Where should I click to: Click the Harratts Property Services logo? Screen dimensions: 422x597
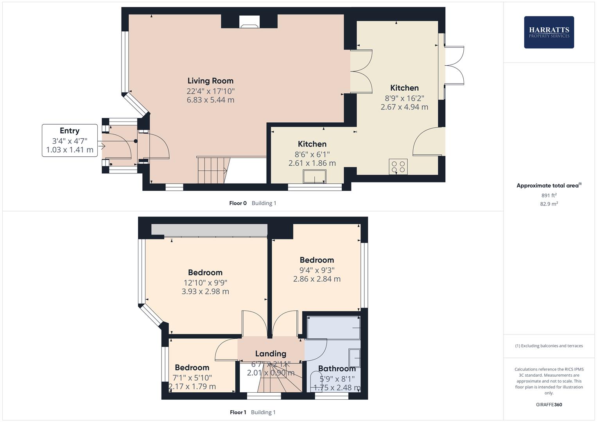click(549, 32)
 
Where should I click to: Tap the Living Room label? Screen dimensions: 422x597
click(210, 81)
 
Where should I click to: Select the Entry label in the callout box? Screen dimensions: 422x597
click(70, 131)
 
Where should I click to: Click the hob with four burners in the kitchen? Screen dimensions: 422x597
click(398, 167)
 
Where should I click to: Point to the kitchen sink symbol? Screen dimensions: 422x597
click(314, 177)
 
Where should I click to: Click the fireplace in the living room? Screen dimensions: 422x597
click(249, 22)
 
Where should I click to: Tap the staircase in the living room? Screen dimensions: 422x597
click(212, 170)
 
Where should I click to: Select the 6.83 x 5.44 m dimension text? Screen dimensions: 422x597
click(210, 100)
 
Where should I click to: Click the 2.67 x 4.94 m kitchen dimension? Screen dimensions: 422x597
click(404, 107)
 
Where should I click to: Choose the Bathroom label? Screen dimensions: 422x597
click(337, 368)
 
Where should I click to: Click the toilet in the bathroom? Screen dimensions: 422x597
click(315, 381)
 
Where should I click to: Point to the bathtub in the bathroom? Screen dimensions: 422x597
click(333, 327)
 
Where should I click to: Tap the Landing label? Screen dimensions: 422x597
click(271, 354)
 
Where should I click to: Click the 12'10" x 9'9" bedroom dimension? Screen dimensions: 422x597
click(205, 283)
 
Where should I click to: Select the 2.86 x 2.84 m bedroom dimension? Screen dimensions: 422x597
click(317, 279)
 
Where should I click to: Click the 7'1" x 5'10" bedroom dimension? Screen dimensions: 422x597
click(192, 378)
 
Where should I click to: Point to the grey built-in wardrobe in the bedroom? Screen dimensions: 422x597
click(209, 230)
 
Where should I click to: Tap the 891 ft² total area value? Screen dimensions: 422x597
click(549, 195)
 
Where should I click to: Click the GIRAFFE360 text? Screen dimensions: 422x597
click(549, 404)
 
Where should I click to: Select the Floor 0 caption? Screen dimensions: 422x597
click(238, 203)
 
